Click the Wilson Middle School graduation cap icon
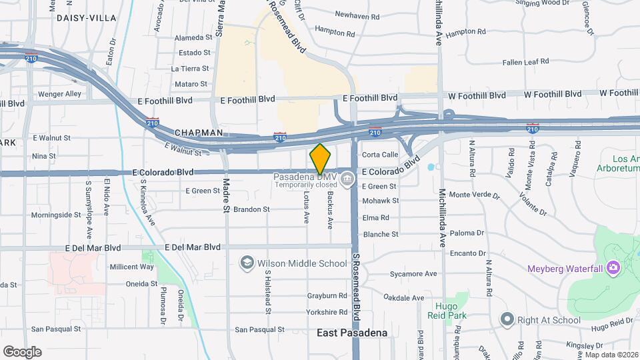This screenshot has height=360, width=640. [x=247, y=263]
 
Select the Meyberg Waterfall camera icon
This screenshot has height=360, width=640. [x=613, y=269]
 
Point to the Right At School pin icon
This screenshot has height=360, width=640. [x=507, y=320]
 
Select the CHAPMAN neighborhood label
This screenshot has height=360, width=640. [x=199, y=133]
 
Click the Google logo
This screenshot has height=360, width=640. [x=22, y=352]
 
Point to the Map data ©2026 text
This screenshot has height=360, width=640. [x=611, y=355]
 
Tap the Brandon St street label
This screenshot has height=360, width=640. [x=251, y=209]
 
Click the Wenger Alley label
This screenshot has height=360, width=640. [x=59, y=94]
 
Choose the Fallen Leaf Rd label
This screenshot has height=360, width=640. [x=526, y=61]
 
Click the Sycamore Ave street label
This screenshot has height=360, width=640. [x=413, y=274]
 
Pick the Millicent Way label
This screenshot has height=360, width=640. [x=131, y=267]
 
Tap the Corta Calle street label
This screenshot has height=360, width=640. [x=380, y=155]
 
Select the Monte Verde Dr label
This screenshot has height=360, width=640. [x=474, y=195]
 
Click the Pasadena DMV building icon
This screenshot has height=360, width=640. [x=347, y=179]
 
